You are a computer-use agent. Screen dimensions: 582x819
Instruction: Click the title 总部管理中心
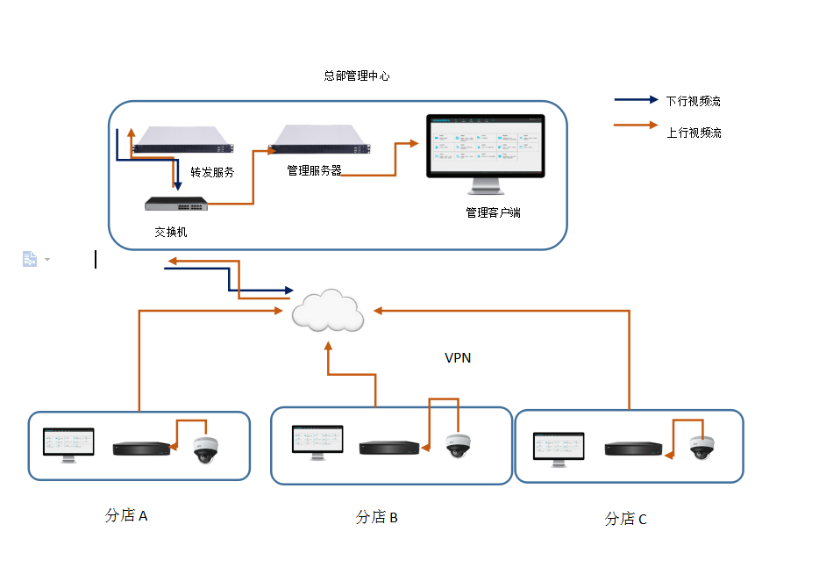(357, 76)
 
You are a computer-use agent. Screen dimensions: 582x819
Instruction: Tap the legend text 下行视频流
(693, 101)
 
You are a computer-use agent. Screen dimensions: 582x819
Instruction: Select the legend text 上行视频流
(694, 133)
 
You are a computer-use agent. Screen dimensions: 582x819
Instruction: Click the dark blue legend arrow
(636, 100)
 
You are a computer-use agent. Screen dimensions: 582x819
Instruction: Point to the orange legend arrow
(636, 126)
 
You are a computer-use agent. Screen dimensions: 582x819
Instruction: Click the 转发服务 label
(212, 173)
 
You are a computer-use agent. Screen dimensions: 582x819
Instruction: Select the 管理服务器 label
(314, 170)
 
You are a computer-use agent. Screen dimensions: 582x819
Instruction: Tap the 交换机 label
(171, 233)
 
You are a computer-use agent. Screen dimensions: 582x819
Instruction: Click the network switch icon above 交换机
(176, 204)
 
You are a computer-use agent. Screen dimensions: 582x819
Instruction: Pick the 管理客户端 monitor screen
(484, 145)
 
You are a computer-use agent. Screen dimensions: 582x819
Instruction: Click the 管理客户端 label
(493, 212)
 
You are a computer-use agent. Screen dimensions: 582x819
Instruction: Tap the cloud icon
(328, 310)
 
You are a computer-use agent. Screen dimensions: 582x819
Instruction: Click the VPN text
(458, 358)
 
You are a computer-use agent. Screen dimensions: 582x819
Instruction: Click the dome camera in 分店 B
(457, 446)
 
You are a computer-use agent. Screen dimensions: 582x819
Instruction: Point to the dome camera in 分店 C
(701, 448)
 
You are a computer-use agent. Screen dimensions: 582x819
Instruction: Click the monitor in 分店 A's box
(68, 443)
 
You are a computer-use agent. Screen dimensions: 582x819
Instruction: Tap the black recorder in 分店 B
(389, 448)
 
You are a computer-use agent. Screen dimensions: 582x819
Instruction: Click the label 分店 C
(626, 520)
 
